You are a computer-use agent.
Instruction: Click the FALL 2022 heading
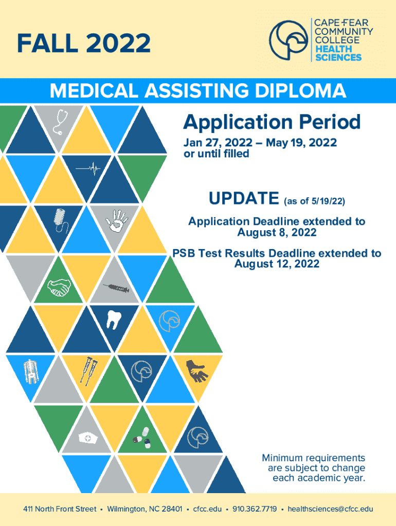point(84,43)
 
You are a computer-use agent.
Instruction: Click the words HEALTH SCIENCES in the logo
point(338,53)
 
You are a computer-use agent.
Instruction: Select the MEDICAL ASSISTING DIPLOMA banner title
point(198,91)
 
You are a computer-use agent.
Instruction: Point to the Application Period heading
point(272,122)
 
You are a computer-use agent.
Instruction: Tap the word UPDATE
point(244,198)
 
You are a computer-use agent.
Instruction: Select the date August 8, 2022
point(277,233)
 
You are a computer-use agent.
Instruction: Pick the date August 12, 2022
point(277,264)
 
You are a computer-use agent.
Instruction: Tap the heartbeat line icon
point(88,167)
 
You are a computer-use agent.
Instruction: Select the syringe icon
point(116,289)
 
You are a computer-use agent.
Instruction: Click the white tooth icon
point(113,318)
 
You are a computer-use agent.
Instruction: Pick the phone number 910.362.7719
point(255,509)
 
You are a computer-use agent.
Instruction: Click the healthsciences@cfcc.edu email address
point(330,509)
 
